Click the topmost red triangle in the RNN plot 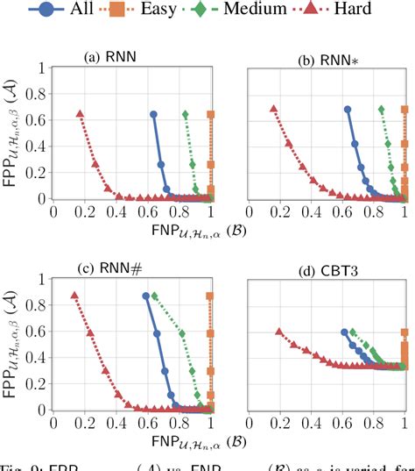(80, 114)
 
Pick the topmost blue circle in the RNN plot (153, 114)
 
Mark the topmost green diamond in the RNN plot (185, 114)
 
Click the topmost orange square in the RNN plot (211, 114)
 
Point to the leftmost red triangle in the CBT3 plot (279, 332)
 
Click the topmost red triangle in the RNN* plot (273, 110)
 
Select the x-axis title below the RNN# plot (131, 445)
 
